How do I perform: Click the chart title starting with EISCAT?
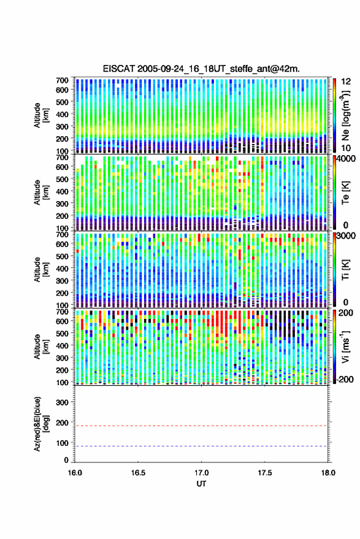[x=201, y=69]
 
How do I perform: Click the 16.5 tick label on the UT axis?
[x=138, y=473]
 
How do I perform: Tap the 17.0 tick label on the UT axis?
[x=201, y=473]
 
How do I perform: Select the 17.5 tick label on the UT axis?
[x=264, y=473]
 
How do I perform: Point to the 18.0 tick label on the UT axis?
[x=328, y=473]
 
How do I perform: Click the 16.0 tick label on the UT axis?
[x=75, y=473]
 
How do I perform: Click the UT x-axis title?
[x=201, y=484]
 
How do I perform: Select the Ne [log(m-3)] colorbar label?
[x=345, y=115]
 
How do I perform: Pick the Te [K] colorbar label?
[x=345, y=193]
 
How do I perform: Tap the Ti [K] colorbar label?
[x=345, y=270]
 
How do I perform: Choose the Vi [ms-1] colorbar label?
[x=345, y=346]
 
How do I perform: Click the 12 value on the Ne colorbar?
[x=346, y=82]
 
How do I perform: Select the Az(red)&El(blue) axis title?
[x=40, y=424]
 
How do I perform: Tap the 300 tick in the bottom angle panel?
[x=62, y=402]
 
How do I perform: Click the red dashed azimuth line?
[x=201, y=426]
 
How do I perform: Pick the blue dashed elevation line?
[x=201, y=446]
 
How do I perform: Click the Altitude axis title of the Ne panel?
[x=40, y=115]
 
